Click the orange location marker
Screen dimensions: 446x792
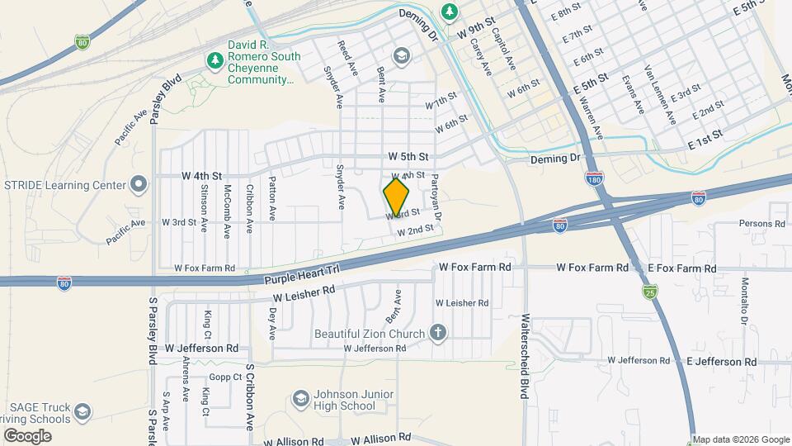click(397, 197)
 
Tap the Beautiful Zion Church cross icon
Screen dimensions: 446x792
click(438, 334)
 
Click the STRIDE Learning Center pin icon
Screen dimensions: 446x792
click(139, 183)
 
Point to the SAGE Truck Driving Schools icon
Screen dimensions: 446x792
click(82, 411)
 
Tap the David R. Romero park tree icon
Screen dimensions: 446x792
click(215, 60)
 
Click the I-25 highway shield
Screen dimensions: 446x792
click(651, 291)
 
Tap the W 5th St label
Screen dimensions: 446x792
click(409, 156)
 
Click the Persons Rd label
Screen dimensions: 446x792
click(761, 224)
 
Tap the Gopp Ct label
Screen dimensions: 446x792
click(225, 377)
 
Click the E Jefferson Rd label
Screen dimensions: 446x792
click(721, 362)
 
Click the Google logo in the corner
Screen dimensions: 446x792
click(27, 435)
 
